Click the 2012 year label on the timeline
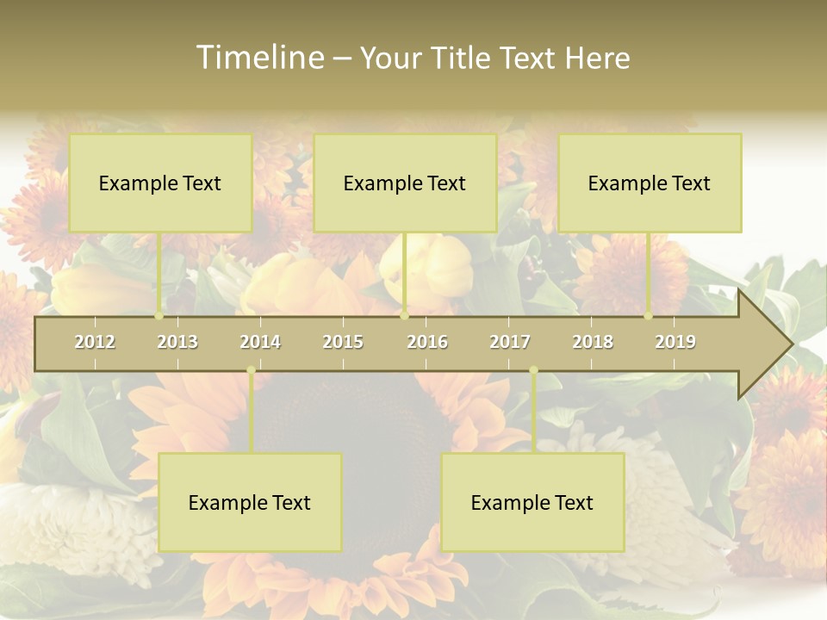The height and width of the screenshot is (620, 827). (x=95, y=342)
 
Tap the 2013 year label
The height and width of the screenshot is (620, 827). (x=177, y=342)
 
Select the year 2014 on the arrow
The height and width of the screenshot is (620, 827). (x=260, y=342)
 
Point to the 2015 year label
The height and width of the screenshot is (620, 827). (x=343, y=342)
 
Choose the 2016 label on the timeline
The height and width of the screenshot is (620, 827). (x=427, y=342)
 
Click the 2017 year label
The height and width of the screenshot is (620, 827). (x=510, y=342)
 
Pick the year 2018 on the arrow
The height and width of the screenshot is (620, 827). (x=593, y=342)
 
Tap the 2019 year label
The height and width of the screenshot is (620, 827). (x=675, y=342)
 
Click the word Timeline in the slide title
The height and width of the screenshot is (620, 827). (x=259, y=58)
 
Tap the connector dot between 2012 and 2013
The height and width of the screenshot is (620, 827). (x=159, y=315)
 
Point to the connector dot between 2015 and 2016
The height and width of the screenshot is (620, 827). (x=404, y=315)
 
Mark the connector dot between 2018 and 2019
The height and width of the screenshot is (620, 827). (x=649, y=315)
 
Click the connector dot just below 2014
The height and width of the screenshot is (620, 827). (x=251, y=370)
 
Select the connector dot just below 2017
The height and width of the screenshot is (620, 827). (x=533, y=370)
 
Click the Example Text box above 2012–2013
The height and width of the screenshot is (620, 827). (x=160, y=183)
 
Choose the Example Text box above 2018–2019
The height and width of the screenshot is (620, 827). (x=650, y=183)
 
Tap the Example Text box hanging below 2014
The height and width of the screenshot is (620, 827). (x=250, y=502)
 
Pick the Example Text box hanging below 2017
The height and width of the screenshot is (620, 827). (x=532, y=502)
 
